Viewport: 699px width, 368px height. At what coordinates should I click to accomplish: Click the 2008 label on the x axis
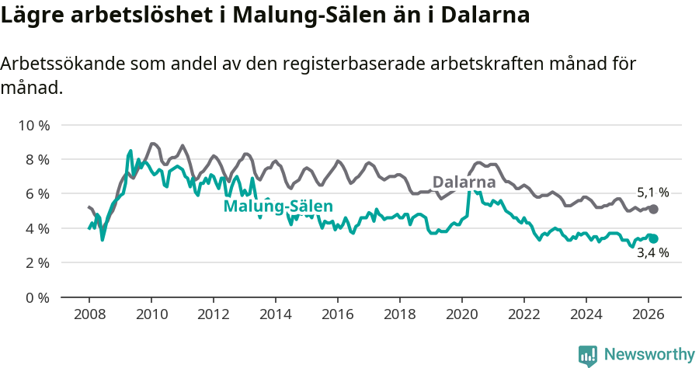89,315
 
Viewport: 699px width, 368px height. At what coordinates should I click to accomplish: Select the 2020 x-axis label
462,315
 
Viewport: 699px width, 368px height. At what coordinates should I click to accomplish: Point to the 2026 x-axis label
649,315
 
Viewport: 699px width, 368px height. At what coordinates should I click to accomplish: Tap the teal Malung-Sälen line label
278,207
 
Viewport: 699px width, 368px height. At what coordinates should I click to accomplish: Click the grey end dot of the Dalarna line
653,209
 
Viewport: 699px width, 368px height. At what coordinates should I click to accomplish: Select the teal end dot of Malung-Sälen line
653,239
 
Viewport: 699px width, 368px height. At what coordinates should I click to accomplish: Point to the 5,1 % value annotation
652,193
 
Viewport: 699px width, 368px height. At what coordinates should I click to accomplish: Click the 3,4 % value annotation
652,253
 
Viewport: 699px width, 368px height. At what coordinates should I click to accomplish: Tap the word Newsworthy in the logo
649,355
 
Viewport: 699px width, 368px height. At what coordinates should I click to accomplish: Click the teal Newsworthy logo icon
588,356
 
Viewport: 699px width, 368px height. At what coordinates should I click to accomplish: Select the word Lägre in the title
35,16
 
